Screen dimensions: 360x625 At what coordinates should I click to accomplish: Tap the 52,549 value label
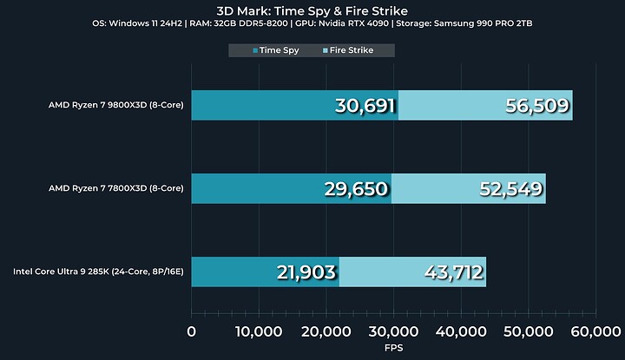(x=510, y=189)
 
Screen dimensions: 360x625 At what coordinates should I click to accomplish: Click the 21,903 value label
(x=306, y=272)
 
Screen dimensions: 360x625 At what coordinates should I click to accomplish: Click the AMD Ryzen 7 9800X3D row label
(x=116, y=106)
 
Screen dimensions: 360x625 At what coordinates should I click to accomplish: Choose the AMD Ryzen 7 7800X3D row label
(x=116, y=189)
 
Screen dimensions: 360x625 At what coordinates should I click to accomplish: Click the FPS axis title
(x=393, y=347)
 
